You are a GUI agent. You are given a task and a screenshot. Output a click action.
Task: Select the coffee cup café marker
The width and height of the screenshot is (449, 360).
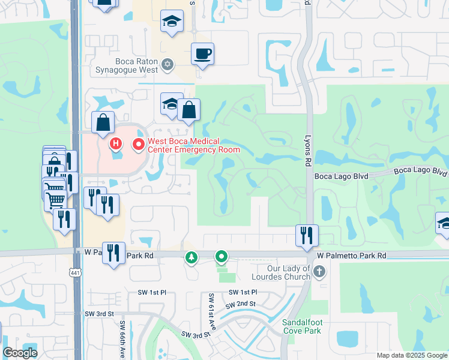pyautogui.click(x=202, y=55)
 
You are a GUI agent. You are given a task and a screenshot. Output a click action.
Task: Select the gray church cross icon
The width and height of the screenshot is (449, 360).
pyautogui.click(x=319, y=272)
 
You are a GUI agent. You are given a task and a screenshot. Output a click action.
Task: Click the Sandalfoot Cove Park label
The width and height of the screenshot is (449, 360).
pyautogui.click(x=306, y=326)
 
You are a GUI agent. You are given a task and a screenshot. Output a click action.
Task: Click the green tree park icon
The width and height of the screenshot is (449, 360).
pyautogui.click(x=191, y=257)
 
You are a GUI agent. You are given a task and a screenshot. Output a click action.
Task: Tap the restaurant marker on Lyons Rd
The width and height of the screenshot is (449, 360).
pyautogui.click(x=307, y=235)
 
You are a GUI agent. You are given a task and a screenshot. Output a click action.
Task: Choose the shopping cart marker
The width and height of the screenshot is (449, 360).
pyautogui.click(x=55, y=199)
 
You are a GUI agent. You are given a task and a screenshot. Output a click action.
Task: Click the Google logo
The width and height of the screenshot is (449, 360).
pyautogui.click(x=20, y=352)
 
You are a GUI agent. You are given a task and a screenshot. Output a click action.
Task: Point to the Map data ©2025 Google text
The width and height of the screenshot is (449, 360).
pyautogui.click(x=411, y=355)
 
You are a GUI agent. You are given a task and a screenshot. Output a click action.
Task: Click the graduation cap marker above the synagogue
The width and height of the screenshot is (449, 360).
pyautogui.click(x=172, y=22)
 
